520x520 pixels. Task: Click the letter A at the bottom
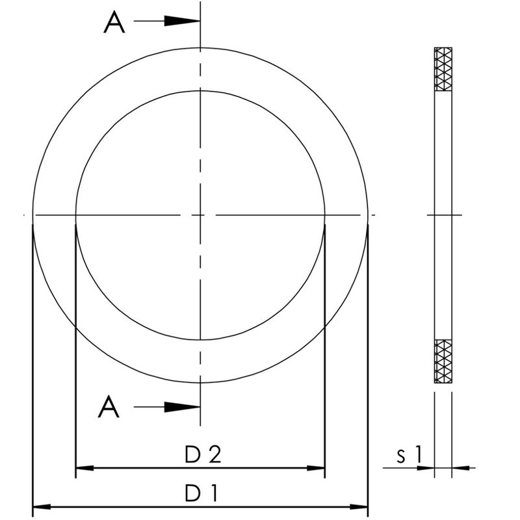click(x=109, y=408)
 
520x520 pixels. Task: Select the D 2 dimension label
click(x=203, y=455)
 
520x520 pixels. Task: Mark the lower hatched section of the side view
click(x=443, y=361)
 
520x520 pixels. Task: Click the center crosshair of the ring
click(x=200, y=214)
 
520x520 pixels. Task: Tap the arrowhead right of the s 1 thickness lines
click(x=461, y=467)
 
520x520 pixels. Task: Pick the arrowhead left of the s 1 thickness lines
click(x=425, y=467)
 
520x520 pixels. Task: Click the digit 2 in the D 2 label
click(x=214, y=455)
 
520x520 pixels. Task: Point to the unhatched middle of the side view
click(x=443, y=214)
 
